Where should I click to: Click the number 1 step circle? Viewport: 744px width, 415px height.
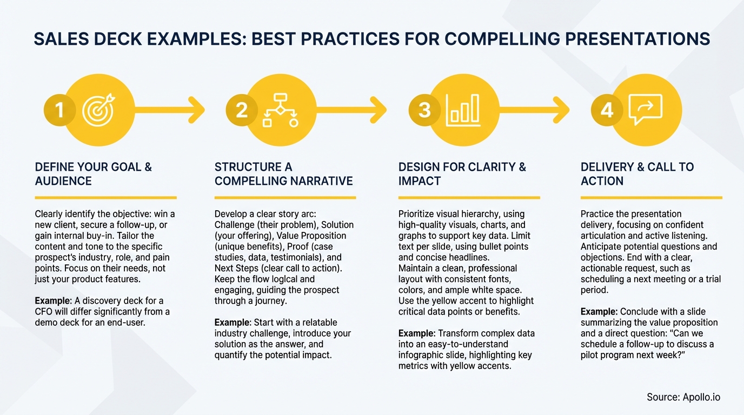[x=59, y=110]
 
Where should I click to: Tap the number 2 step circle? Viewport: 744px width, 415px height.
[x=242, y=110]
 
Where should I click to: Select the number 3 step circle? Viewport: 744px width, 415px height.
[x=424, y=110]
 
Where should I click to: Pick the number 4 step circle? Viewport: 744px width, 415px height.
[x=607, y=110]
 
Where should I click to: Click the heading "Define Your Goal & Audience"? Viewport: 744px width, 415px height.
[x=94, y=173]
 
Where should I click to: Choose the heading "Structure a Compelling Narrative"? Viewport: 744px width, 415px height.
[x=283, y=173]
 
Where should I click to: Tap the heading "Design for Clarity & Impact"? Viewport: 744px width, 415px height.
[x=462, y=173]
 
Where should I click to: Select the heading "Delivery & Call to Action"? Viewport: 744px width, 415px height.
[x=637, y=173]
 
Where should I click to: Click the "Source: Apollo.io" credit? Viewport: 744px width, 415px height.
[x=683, y=397]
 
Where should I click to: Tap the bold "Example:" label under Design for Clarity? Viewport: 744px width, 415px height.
[x=417, y=333]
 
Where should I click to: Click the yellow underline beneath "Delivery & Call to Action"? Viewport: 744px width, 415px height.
[x=652, y=198]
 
